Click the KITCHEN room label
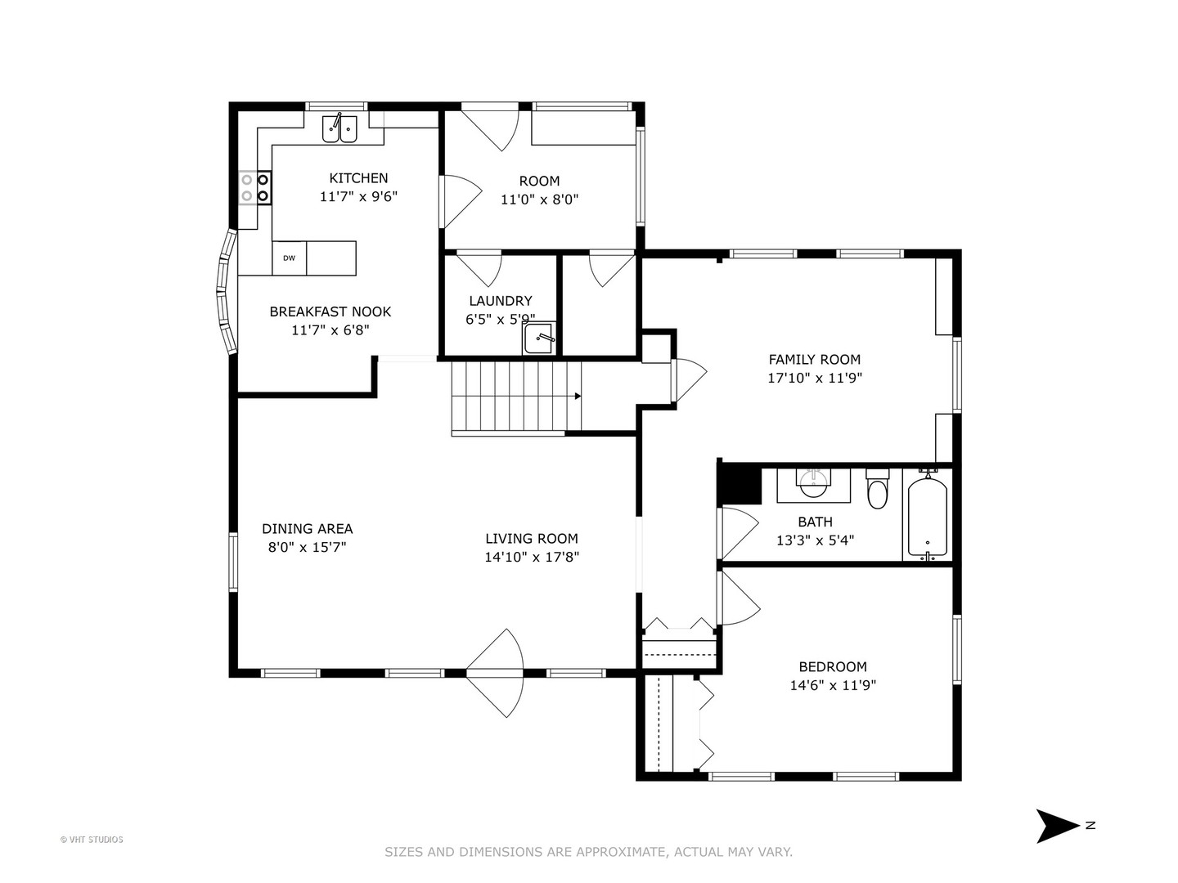point(358,178)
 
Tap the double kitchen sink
point(339,128)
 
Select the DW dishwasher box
point(290,258)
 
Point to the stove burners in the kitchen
point(255,187)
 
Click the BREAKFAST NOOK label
point(330,312)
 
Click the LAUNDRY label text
point(500,301)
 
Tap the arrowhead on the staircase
point(578,397)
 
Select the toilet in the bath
point(878,488)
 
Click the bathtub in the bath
point(927,515)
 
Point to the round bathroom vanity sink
point(814,482)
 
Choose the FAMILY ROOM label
point(814,360)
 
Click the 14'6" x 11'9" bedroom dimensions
point(833,685)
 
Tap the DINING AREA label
point(307,529)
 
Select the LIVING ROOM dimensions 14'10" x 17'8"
point(531,557)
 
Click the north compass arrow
point(1057,826)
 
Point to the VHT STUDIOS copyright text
point(92,840)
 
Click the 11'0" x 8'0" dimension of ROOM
point(539,200)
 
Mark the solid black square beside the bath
point(740,484)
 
